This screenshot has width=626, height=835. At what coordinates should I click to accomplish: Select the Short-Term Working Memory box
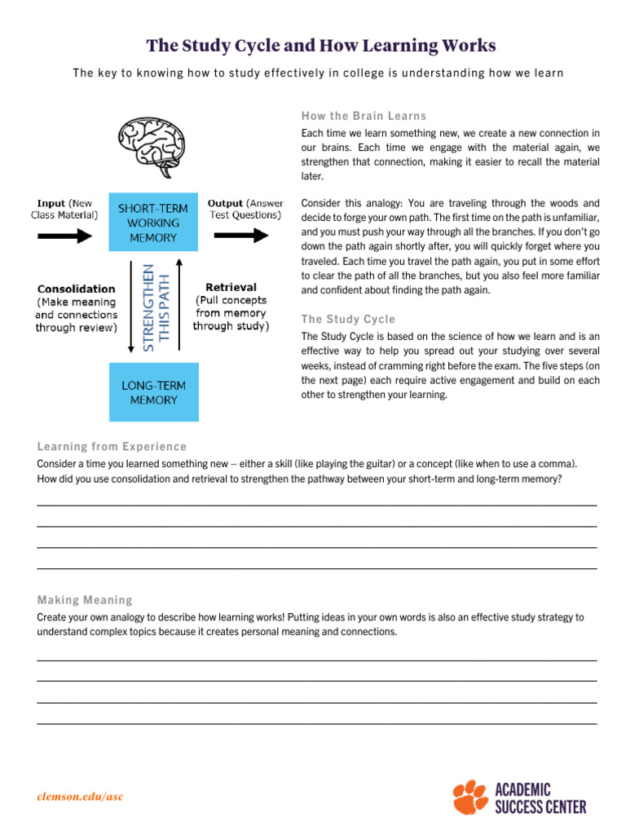[153, 223]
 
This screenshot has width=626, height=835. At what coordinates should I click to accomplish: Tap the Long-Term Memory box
[153, 392]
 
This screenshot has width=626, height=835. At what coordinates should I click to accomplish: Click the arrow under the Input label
[65, 236]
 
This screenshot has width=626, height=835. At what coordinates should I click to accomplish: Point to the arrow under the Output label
[241, 236]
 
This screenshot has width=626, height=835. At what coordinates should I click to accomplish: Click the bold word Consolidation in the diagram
[75, 289]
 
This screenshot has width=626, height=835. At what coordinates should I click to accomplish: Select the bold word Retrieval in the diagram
[231, 287]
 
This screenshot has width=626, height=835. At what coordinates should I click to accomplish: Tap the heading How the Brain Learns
[364, 116]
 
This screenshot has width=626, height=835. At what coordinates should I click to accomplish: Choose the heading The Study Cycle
[348, 319]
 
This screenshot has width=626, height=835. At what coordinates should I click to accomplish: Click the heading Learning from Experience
[112, 446]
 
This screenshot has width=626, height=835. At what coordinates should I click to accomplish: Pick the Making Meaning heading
[84, 600]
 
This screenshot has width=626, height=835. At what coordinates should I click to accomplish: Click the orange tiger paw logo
[470, 796]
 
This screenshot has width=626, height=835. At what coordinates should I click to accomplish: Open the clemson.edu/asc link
[81, 797]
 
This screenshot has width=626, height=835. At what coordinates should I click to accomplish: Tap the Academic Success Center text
[540, 797]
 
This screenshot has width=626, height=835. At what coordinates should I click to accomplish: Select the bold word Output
[226, 203]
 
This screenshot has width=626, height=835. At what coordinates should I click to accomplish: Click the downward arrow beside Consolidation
[131, 307]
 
